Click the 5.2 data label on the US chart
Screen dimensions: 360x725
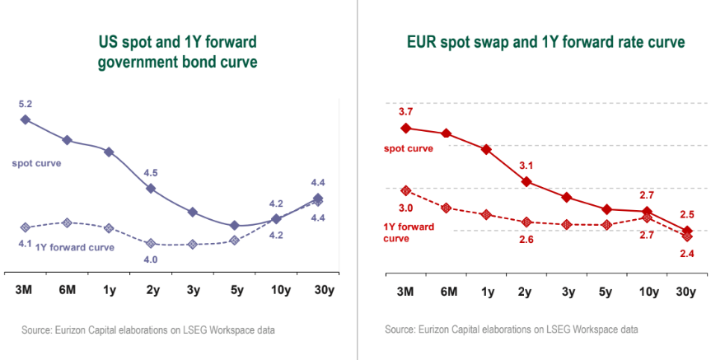coord(25,105)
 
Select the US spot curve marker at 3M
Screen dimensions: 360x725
coord(25,119)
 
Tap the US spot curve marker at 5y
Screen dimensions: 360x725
coord(235,225)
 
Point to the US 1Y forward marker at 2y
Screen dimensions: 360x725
coord(151,243)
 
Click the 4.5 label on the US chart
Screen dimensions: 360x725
coord(151,173)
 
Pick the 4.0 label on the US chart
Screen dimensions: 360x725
coord(151,259)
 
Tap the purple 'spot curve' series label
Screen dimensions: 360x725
coord(36,163)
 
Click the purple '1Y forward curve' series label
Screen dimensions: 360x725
coord(75,246)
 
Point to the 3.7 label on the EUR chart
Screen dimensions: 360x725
coord(405,111)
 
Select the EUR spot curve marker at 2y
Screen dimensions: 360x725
coord(526,181)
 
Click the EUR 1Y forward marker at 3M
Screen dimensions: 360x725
coord(405,190)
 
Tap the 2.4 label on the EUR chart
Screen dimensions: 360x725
coord(687,253)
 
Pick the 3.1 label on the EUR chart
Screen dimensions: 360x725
coord(526,166)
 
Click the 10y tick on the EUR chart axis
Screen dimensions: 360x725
coord(648,291)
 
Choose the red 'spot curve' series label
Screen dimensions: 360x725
coord(409,148)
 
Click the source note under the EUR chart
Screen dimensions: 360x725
coord(511,330)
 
